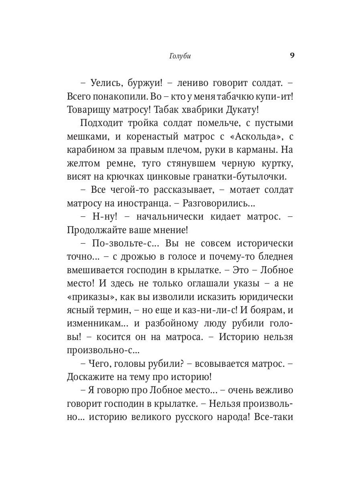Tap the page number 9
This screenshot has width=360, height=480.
292,56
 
